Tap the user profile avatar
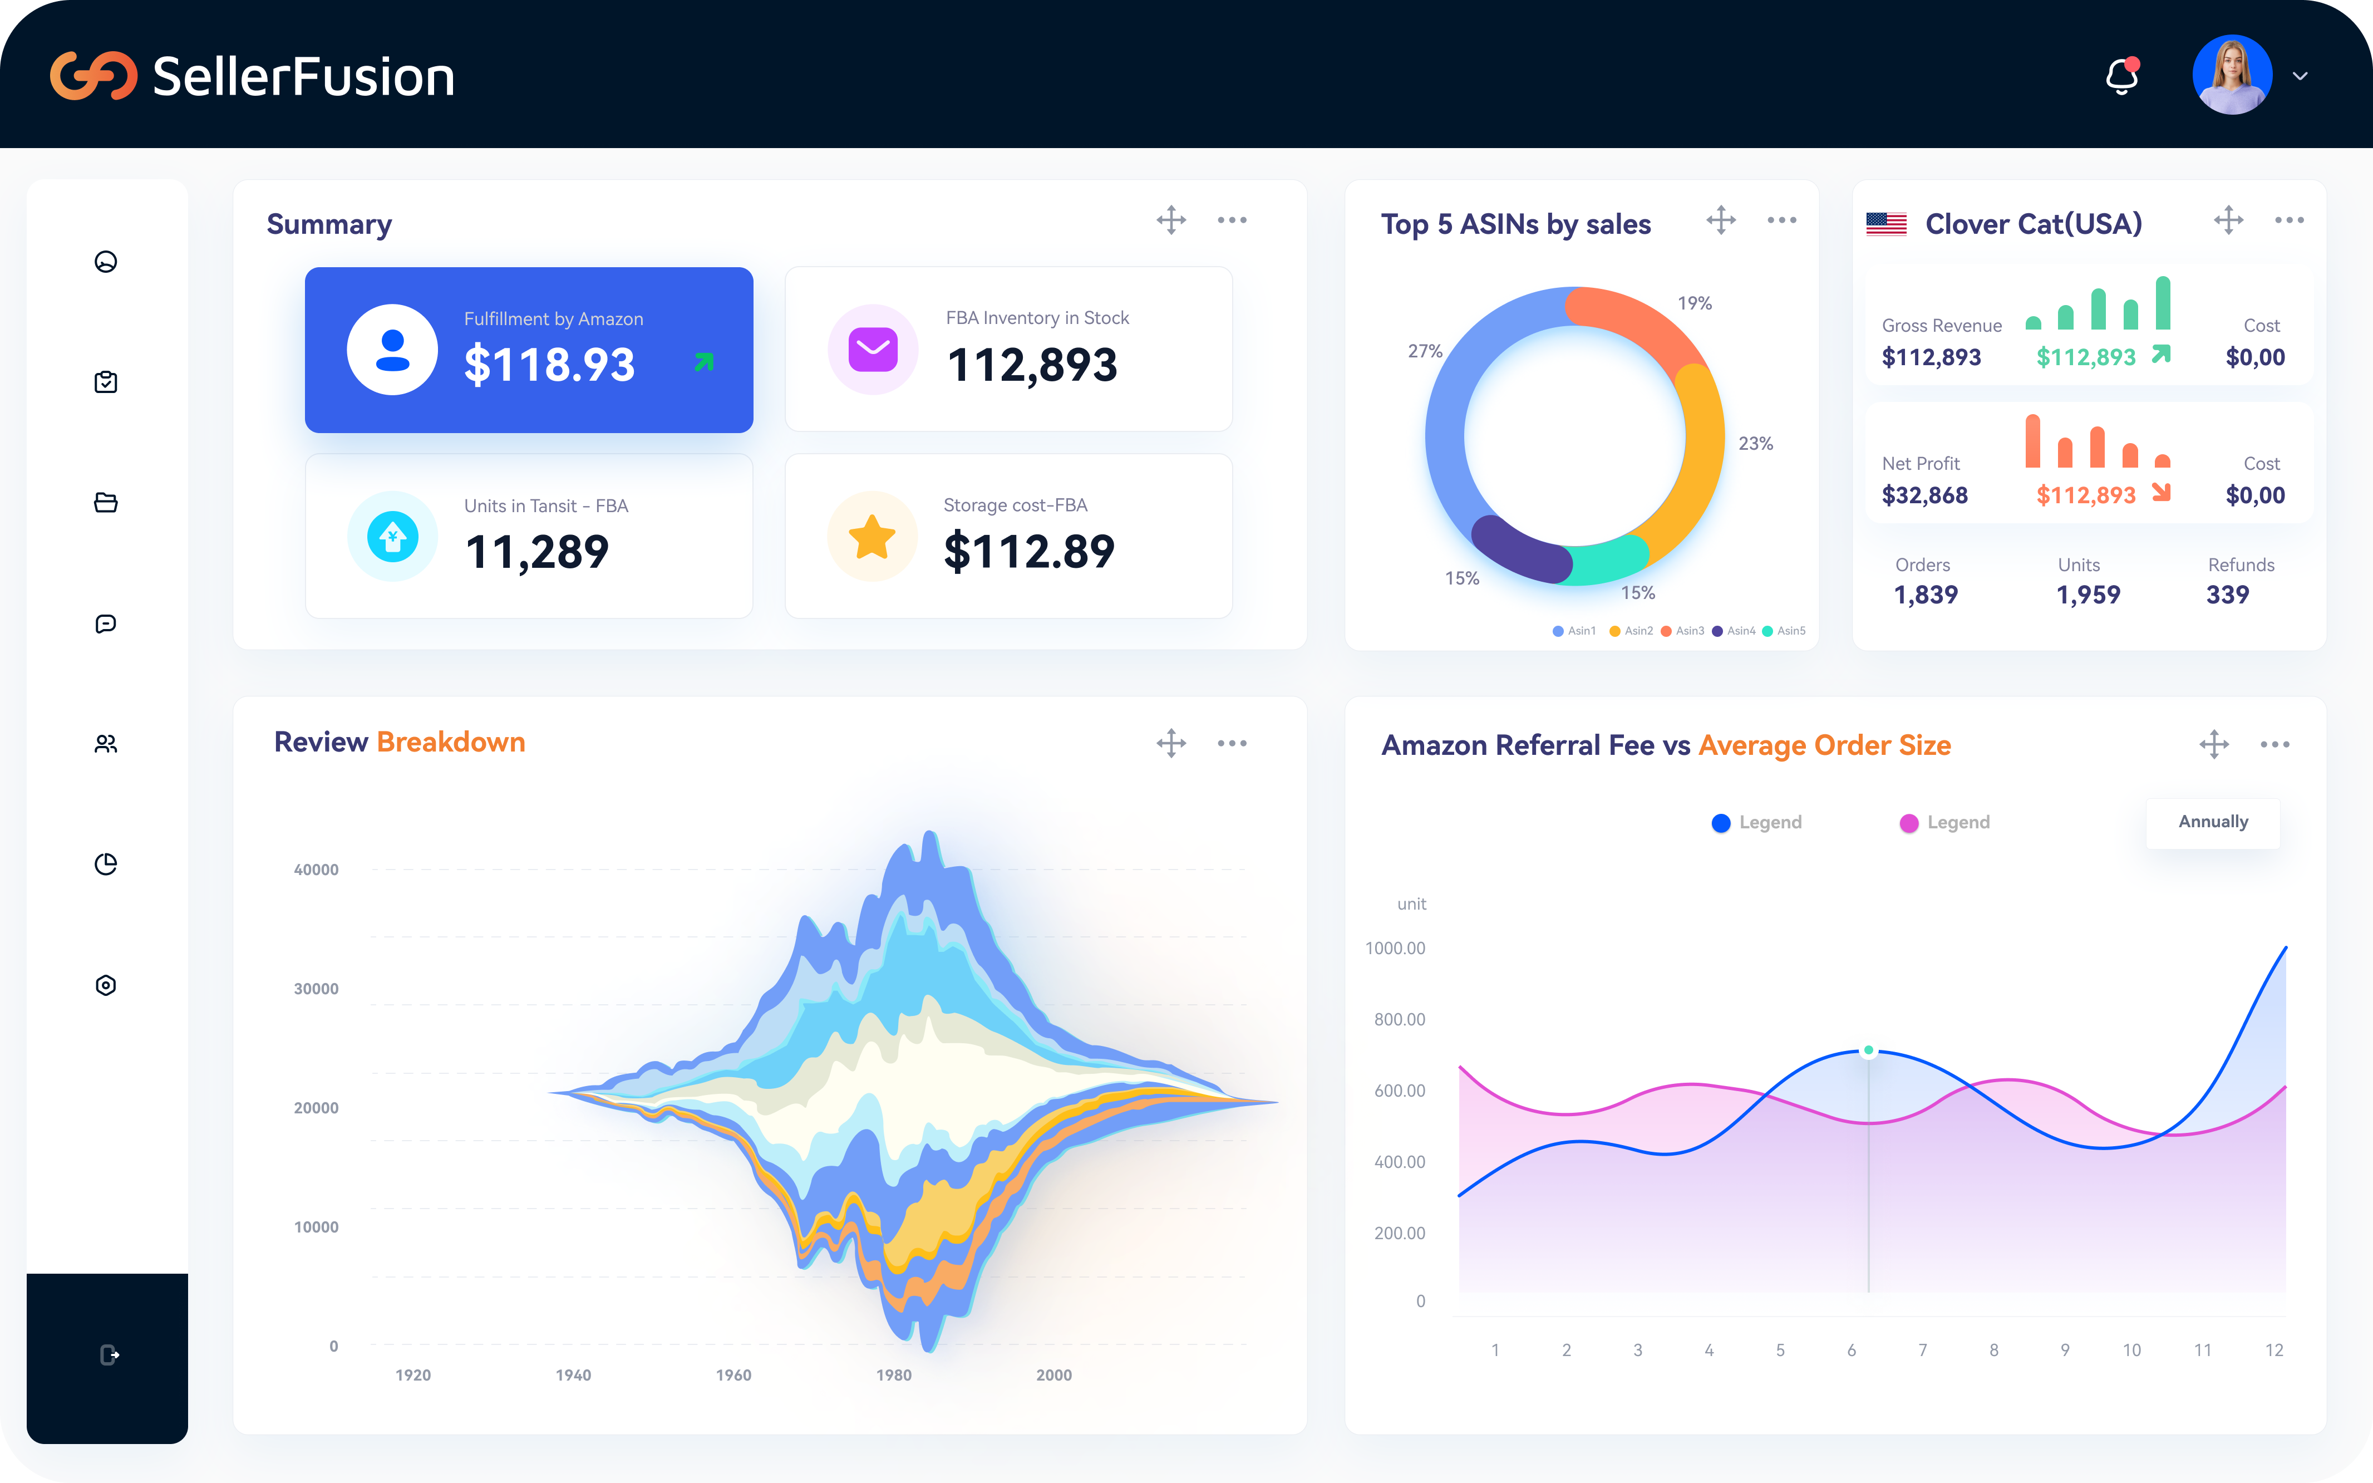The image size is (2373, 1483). tap(2232, 76)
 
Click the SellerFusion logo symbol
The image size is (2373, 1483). tap(93, 76)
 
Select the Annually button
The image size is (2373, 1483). tap(2212, 822)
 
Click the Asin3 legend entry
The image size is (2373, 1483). tap(1683, 631)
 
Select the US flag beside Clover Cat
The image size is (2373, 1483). tap(1885, 224)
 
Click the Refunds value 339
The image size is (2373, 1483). tap(2227, 595)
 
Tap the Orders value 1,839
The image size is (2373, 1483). tap(1925, 595)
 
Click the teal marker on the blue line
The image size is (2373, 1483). tap(1869, 1050)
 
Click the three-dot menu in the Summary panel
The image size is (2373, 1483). tap(1232, 220)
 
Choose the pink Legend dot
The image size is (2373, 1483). tap(1908, 823)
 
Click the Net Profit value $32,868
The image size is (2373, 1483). tap(1924, 495)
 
